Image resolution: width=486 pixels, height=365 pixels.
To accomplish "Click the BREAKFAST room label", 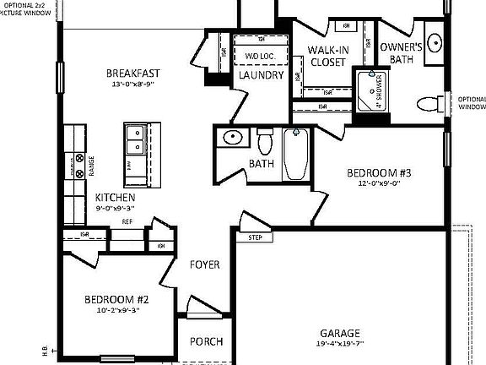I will pos(134,73).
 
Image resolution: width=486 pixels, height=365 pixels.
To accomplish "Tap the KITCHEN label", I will pos(116,197).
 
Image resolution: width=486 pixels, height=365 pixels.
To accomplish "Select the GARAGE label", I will pos(340,333).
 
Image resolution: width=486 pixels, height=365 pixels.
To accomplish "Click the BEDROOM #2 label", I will pos(116,300).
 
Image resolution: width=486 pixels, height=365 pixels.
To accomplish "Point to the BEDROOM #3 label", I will pos(380,173).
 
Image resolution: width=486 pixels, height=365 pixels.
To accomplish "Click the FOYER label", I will pos(204,264).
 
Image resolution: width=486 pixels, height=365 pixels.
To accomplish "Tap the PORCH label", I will pos(207,341).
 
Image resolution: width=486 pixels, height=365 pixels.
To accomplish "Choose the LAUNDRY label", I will pos(261,75).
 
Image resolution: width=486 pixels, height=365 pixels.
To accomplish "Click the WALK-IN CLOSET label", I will pos(328,57).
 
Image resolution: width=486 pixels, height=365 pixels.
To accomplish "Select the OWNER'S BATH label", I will pos(401,53).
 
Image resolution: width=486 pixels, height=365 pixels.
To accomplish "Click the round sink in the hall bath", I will pos(230,138).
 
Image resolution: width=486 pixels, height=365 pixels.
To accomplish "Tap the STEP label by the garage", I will pos(255,237).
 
